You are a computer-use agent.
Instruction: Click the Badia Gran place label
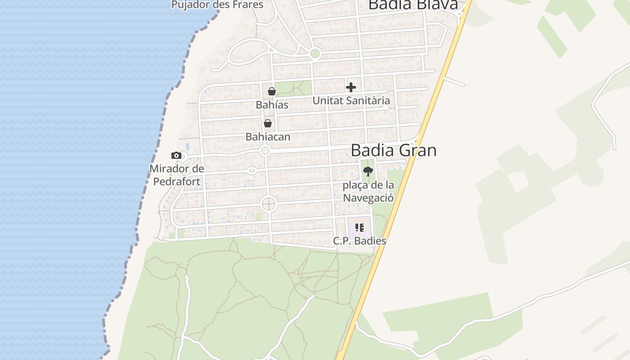[x=393, y=150]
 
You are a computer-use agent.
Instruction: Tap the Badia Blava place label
[x=413, y=4]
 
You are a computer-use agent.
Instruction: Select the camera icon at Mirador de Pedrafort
[x=176, y=156]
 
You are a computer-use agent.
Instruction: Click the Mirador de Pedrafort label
[x=176, y=175]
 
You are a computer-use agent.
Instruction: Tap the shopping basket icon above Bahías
[x=271, y=91]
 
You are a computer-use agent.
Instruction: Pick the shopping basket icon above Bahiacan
[x=268, y=123]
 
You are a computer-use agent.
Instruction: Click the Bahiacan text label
[x=268, y=136]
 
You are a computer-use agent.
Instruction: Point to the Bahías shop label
[x=272, y=104]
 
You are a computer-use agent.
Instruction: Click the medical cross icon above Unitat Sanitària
[x=351, y=87]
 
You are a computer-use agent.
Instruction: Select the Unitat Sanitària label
[x=351, y=100]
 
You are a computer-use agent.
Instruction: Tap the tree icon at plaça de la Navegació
[x=368, y=171]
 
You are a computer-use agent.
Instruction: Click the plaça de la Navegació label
[x=368, y=191]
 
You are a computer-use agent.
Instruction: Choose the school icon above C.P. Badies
[x=359, y=228]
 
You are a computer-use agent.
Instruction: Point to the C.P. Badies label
[x=360, y=241]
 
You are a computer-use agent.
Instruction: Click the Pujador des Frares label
[x=217, y=5]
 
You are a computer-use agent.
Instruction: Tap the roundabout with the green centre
[x=315, y=54]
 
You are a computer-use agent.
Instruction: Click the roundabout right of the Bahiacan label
[x=265, y=151]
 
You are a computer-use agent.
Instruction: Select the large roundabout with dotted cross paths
[x=269, y=204]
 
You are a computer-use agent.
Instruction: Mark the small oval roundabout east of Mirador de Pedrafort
[x=252, y=171]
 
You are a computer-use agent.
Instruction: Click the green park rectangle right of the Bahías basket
[x=293, y=88]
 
